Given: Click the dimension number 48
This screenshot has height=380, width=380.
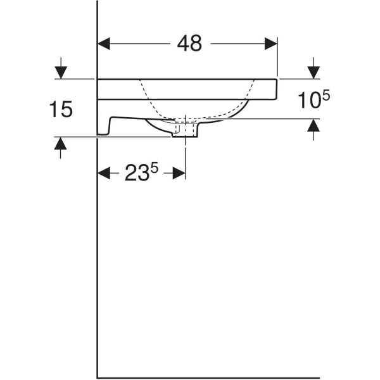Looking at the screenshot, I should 188,43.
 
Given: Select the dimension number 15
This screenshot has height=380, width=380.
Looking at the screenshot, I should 61,110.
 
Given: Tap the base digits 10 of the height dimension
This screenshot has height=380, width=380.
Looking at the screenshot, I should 308,100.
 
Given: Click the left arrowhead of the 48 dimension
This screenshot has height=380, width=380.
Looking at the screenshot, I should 104,44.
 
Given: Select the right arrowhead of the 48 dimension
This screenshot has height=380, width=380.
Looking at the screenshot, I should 271,44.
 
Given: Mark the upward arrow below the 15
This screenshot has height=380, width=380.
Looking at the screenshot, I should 60,146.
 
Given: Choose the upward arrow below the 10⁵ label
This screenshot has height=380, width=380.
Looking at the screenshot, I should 313,129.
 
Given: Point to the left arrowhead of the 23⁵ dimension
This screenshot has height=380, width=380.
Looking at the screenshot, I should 104,173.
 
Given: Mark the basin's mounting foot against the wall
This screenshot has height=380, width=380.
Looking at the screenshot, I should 104,127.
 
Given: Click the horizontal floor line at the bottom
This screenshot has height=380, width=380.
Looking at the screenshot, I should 209,377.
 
